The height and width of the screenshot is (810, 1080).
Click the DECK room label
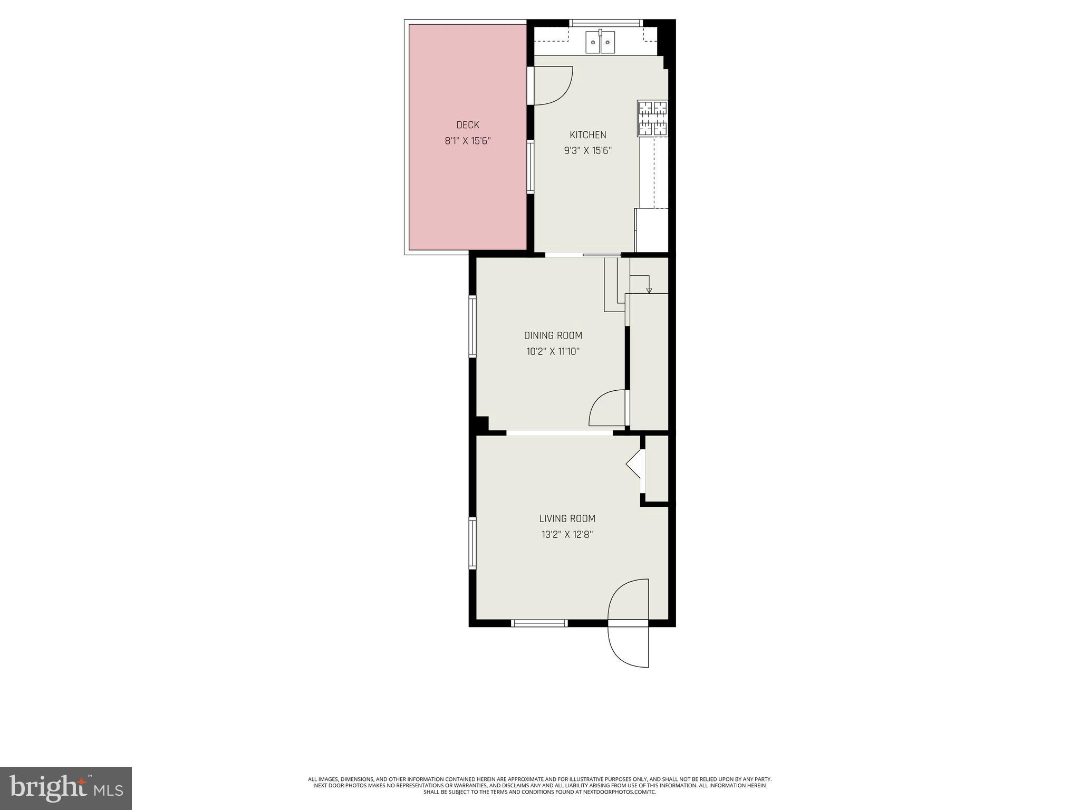[468, 125]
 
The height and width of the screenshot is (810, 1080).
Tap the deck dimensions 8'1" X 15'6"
[468, 141]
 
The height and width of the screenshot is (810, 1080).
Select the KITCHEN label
[587, 135]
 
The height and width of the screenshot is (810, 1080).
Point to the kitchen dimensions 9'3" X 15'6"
[587, 151]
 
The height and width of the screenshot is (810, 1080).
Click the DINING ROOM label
[553, 335]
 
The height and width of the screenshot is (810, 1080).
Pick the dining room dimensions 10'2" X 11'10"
[553, 352]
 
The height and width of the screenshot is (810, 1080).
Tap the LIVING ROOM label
[567, 518]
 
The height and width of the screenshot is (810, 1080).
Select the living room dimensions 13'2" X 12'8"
[567, 535]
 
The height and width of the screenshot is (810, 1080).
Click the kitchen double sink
[600, 42]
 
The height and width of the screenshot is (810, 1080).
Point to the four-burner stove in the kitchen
[653, 118]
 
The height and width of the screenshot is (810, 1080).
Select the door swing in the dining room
[607, 408]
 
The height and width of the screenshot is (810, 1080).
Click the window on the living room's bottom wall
[539, 623]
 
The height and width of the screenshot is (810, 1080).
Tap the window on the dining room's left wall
[472, 327]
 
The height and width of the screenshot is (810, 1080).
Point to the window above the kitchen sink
[606, 23]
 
